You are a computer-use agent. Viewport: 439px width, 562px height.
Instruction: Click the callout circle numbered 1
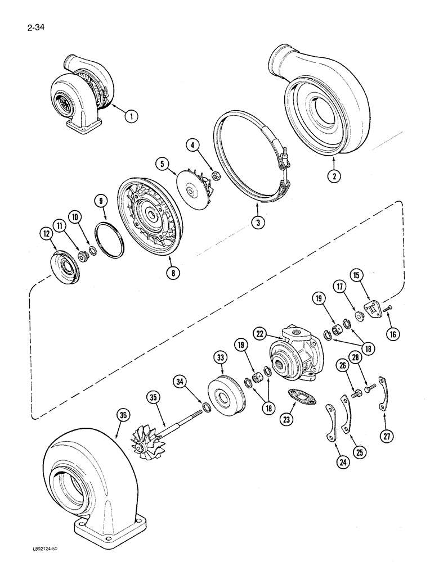(131, 117)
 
